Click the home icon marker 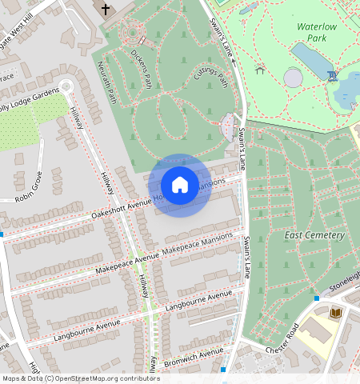[180, 186]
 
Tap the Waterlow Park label [319, 31]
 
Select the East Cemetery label [314, 235]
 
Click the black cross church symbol [106, 9]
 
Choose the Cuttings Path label [211, 78]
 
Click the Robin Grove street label [29, 186]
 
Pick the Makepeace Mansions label [198, 246]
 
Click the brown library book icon [336, 312]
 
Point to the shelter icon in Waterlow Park [260, 70]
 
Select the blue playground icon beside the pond [331, 75]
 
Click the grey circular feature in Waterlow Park [294, 78]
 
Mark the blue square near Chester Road [317, 298]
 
